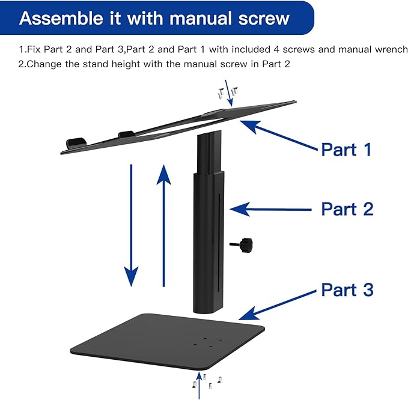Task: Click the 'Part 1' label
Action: click(x=346, y=148)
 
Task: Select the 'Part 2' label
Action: click(x=347, y=208)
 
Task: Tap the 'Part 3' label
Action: click(x=347, y=289)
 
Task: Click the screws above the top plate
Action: click(x=228, y=92)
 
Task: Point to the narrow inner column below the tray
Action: click(x=204, y=154)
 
